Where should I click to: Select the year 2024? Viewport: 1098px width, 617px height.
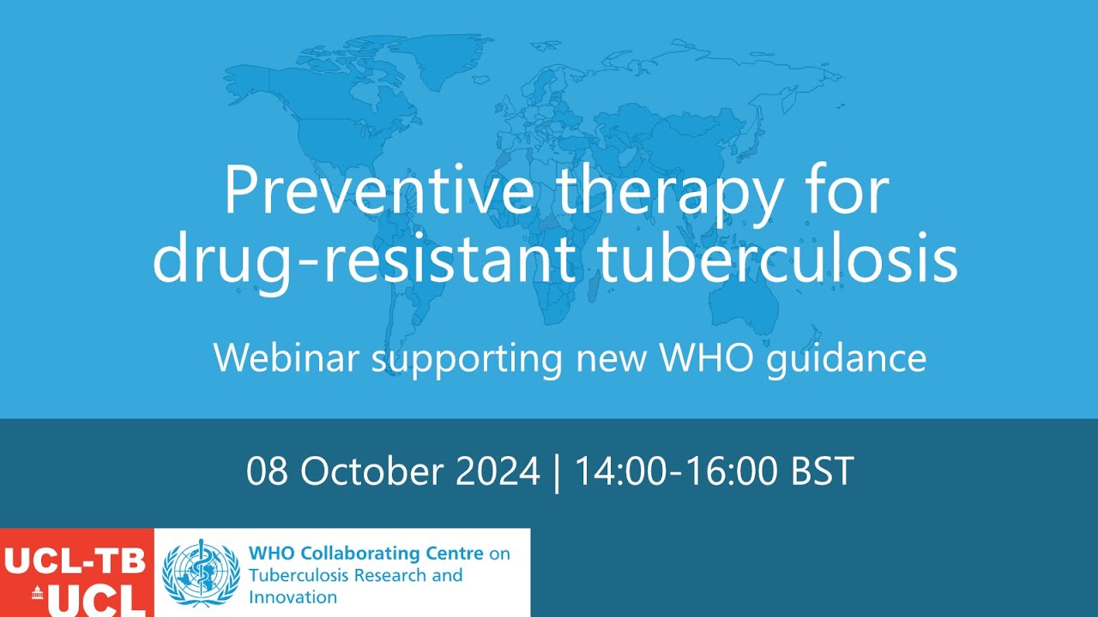click(x=498, y=471)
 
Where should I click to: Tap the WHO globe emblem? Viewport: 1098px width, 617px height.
click(x=201, y=572)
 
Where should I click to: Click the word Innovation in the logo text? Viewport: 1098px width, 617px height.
click(x=293, y=597)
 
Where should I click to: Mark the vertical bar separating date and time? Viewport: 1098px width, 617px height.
click(x=558, y=472)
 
